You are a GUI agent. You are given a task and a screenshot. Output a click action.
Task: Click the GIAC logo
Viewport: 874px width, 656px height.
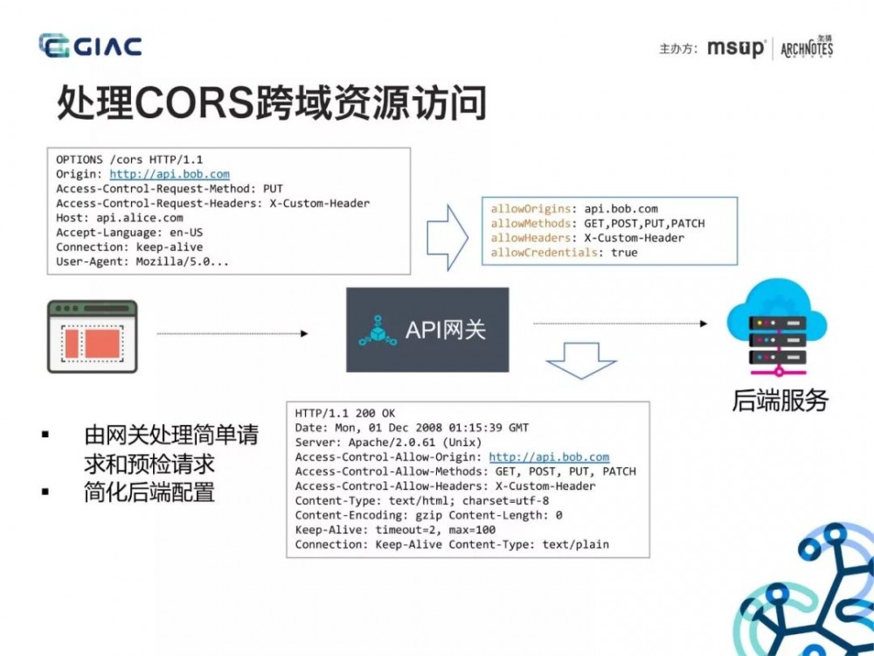tap(90, 46)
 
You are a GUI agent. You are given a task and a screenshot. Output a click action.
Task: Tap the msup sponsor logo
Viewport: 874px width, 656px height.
tap(736, 48)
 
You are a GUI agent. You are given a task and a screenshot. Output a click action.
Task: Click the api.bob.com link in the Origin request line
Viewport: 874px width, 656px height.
tap(170, 174)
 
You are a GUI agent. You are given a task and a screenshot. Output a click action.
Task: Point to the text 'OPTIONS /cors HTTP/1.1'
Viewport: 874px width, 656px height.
tap(129, 160)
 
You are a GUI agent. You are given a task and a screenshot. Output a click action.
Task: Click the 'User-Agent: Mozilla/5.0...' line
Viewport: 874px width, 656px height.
tap(143, 261)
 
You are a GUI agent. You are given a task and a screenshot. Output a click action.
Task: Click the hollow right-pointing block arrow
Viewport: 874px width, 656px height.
tap(448, 237)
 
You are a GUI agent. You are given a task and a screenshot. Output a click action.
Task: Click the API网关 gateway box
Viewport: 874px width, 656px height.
tap(427, 330)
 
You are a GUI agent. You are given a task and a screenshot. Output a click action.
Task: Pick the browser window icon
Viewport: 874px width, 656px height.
tap(92, 337)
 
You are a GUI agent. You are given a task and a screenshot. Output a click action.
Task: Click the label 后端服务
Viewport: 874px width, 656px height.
tap(780, 401)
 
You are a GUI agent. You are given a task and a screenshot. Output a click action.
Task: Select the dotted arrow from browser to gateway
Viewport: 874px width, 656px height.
tap(232, 333)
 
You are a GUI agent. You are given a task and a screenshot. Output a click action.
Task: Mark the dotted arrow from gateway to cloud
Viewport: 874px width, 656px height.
tap(620, 324)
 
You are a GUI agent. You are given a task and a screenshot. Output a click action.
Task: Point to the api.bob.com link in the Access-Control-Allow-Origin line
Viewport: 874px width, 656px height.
tap(549, 457)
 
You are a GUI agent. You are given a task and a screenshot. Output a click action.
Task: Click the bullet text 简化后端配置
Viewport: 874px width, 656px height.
tap(149, 492)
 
